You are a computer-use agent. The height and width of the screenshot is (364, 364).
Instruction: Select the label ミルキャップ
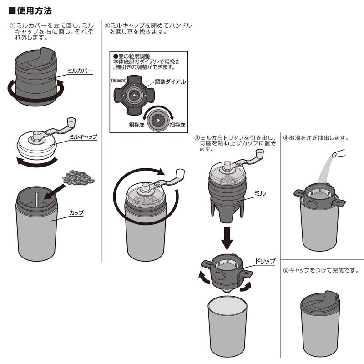click(x=83, y=136)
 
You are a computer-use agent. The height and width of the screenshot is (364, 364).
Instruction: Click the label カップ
click(x=76, y=212)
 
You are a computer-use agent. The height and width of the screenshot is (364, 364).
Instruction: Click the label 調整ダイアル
click(x=170, y=82)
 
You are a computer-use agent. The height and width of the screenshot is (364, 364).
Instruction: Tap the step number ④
click(x=286, y=137)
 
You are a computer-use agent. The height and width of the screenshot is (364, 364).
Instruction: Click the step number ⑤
click(x=286, y=269)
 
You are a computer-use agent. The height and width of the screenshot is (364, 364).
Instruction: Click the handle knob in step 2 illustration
click(x=180, y=174)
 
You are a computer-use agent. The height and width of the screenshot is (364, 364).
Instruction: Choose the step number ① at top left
click(x=13, y=26)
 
